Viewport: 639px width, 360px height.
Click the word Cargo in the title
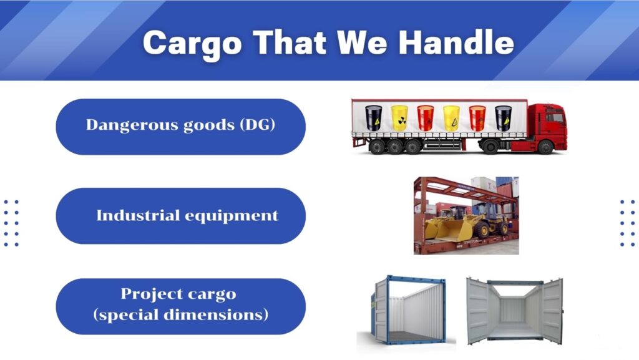[192, 44]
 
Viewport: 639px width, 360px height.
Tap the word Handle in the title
[456, 42]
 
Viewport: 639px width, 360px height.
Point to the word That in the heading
[289, 42]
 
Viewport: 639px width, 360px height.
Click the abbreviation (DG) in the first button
[258, 125]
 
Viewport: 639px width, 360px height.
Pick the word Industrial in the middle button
[138, 215]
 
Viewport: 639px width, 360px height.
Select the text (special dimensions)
[180, 315]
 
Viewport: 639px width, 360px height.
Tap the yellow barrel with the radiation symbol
[399, 118]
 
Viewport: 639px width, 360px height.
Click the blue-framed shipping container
[408, 310]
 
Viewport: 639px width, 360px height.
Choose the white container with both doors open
[515, 310]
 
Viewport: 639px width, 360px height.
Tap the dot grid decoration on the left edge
[11, 223]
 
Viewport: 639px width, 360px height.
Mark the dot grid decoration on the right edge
[628, 223]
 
